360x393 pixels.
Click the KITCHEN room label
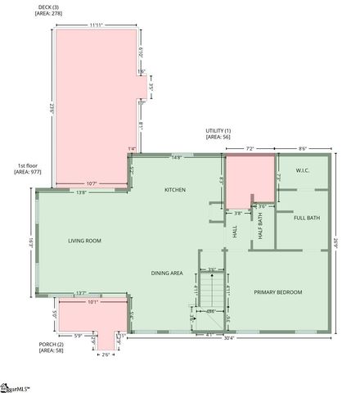pos(175,190)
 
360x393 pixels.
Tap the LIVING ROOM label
pos(84,241)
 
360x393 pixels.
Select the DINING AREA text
pos(167,273)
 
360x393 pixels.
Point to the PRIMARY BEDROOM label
pos(277,292)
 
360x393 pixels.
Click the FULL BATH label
pos(307,218)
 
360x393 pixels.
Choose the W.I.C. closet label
pos(302,171)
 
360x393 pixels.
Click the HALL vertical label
pos(236,233)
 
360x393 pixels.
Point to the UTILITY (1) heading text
pos(218,131)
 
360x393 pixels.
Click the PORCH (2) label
pos(51,344)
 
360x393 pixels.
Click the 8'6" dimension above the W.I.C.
pos(302,148)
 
